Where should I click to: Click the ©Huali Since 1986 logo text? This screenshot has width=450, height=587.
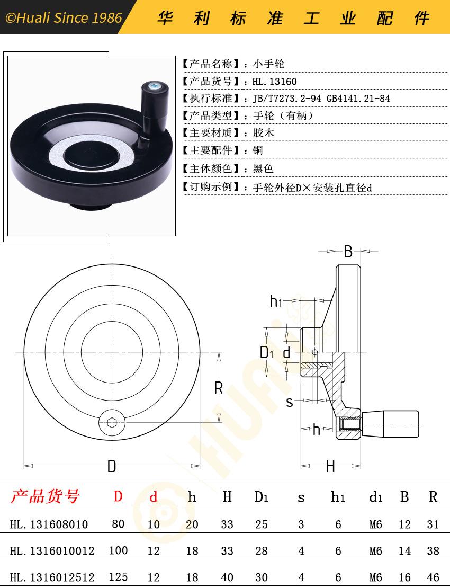64,17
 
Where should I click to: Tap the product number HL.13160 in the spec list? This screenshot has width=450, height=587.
275,82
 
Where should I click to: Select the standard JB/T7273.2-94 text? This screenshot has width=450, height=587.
287,99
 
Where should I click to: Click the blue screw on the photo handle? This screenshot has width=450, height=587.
155,86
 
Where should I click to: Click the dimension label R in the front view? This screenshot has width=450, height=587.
219,388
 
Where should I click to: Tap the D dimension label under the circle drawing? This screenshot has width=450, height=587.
112,466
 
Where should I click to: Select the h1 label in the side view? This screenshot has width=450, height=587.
276,301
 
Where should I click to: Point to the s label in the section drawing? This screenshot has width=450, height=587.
290,402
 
